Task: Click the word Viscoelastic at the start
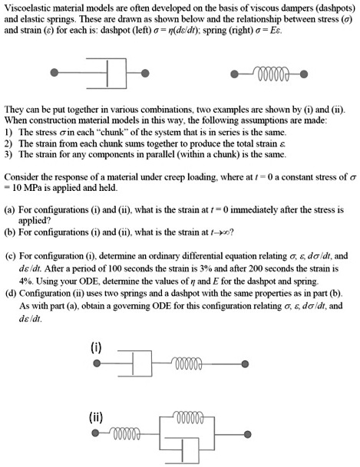point(28,8)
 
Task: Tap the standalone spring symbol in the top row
point(266,74)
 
